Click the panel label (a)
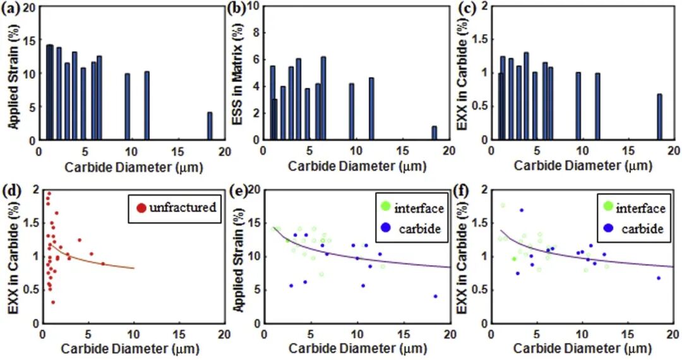13,8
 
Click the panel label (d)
13,190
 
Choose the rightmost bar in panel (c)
659,117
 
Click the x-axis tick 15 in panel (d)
178,333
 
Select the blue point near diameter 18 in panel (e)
436,296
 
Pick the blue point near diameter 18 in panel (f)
659,278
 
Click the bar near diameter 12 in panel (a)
147,105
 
